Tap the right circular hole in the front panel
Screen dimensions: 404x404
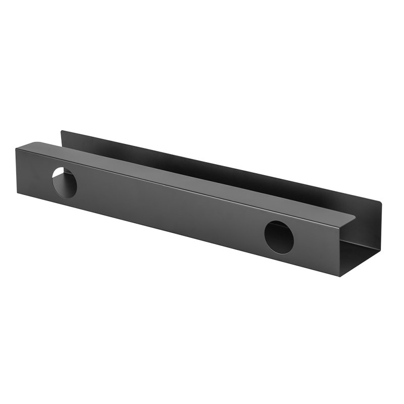coord(279,237)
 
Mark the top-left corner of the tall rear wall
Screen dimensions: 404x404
coord(62,132)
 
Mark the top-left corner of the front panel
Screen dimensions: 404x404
coord(16,148)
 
